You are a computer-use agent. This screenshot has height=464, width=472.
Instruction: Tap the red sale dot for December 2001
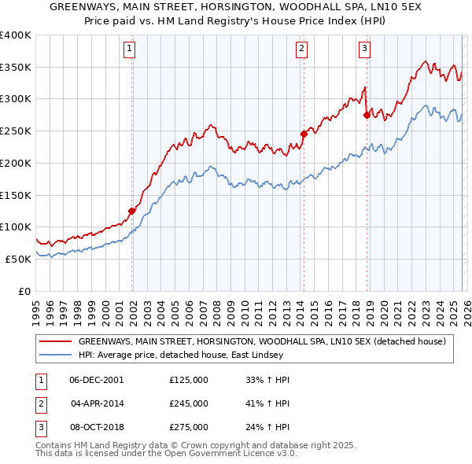(x=131, y=210)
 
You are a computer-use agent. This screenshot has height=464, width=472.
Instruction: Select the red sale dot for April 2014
(x=304, y=133)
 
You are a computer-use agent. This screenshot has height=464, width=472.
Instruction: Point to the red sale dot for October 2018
(x=366, y=114)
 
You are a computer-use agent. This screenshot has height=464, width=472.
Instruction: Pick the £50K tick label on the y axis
(x=18, y=259)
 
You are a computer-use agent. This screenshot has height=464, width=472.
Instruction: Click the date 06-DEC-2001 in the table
(x=97, y=380)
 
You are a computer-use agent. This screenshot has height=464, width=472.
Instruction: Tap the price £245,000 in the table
(x=189, y=403)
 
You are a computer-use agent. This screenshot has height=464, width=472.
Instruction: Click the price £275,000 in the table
(x=189, y=427)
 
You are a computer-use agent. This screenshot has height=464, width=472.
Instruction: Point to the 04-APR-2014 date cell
(x=97, y=403)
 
